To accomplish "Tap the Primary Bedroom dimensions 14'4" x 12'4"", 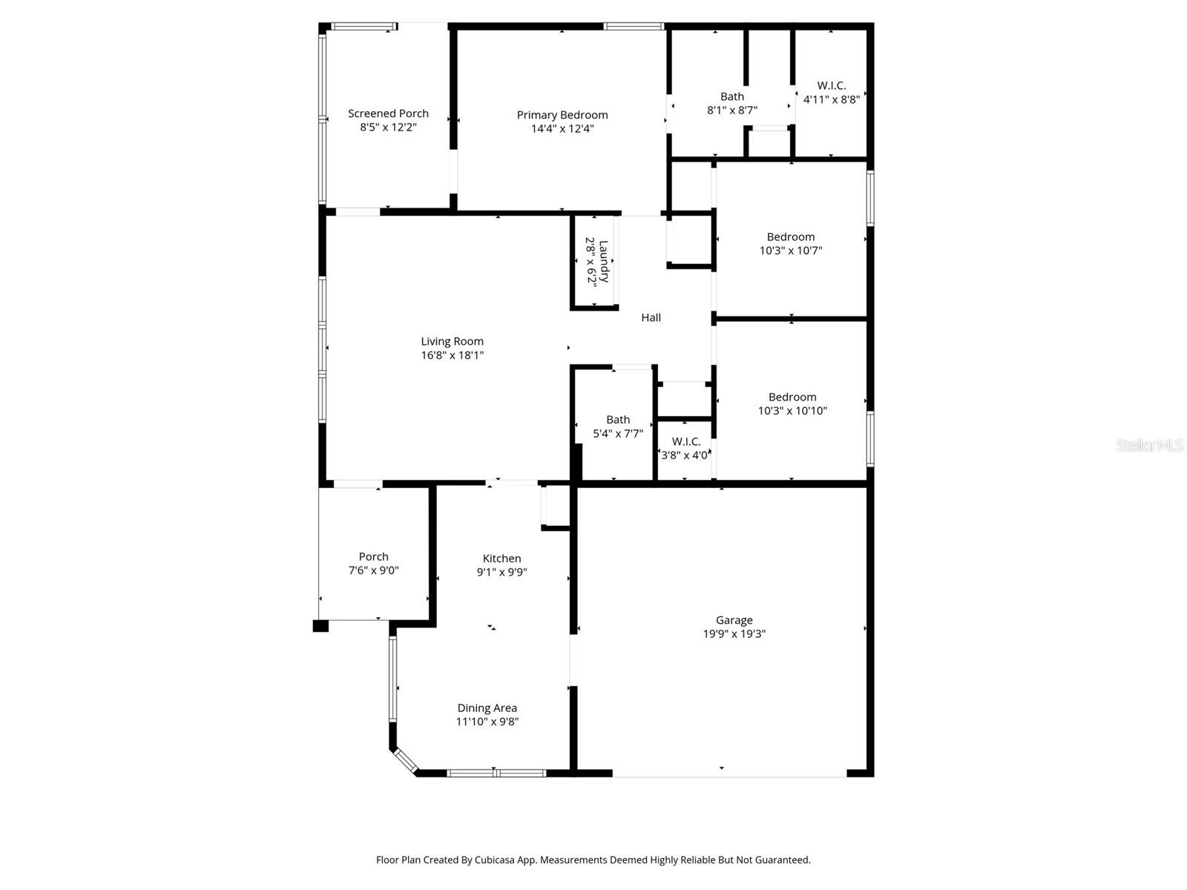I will point(562,128).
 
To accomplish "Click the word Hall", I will point(651,317).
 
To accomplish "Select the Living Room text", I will point(452,342).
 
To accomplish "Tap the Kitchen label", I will point(502,558).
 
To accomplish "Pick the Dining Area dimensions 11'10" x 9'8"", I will point(487,722).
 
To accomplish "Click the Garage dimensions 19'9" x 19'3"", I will point(734,634).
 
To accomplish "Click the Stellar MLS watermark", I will point(1149,446).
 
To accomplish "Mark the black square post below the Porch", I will point(320,626).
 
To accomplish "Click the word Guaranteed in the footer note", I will point(783,860).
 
